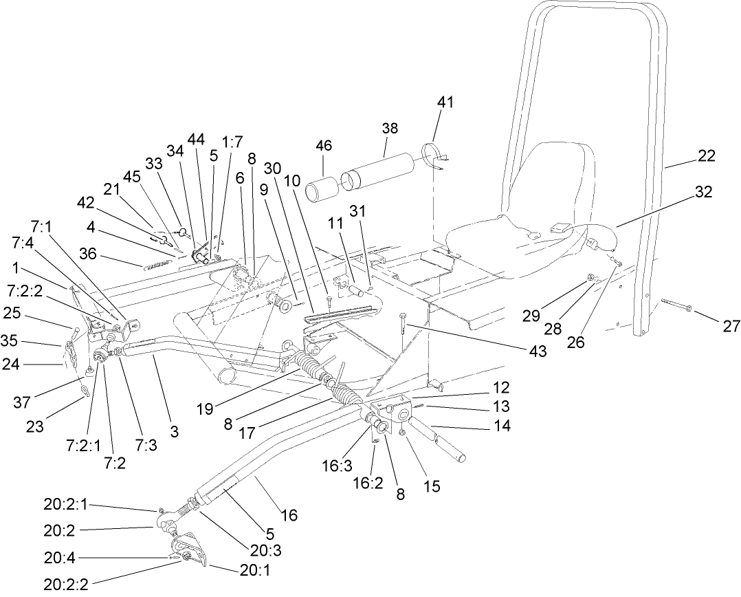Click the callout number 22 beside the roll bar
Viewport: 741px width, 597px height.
point(705,156)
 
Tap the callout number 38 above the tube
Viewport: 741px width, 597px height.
point(390,129)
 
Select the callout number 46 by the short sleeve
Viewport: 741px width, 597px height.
point(324,145)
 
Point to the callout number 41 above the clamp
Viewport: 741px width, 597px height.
point(445,102)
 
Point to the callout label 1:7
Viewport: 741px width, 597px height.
point(233,143)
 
